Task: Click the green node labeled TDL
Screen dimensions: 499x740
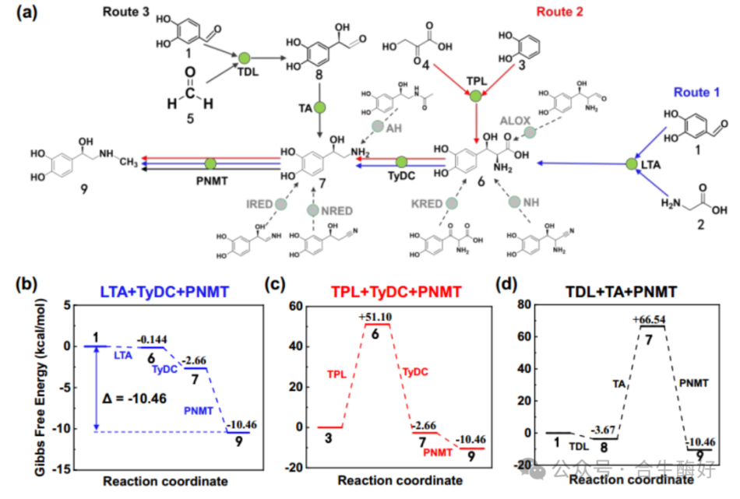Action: tap(244, 58)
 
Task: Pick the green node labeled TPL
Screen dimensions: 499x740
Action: tap(474, 97)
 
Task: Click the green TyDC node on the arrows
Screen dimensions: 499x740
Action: tap(402, 162)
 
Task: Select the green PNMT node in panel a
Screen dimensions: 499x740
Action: tap(210, 163)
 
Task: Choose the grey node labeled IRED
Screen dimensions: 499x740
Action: tap(280, 204)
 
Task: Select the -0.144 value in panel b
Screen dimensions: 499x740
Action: tap(153, 340)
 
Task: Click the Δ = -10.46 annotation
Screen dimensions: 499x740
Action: tap(137, 398)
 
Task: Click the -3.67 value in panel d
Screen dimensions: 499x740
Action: tap(604, 430)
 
